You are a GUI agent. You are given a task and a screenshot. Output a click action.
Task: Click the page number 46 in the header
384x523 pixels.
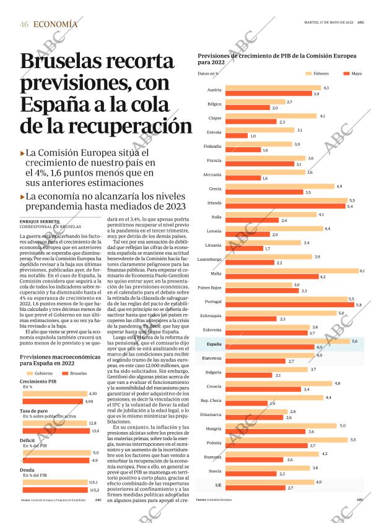(24, 24)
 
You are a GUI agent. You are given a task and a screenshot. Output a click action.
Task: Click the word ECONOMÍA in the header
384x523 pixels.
(55, 24)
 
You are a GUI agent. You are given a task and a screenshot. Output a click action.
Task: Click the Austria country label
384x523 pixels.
(214, 91)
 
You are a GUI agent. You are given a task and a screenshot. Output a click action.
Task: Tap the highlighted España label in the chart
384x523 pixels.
(214, 344)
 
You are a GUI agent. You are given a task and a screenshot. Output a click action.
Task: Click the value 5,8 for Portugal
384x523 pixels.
(359, 305)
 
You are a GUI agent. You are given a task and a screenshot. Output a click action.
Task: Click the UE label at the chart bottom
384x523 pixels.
(217, 485)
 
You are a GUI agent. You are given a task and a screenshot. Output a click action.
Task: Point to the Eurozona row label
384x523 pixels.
(212, 358)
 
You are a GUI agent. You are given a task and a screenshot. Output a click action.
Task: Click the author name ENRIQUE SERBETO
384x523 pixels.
(40, 221)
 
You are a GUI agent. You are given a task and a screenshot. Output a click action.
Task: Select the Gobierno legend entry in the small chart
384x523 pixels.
(38, 373)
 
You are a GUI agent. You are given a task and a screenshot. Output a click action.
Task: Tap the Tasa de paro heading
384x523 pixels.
(35, 410)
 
